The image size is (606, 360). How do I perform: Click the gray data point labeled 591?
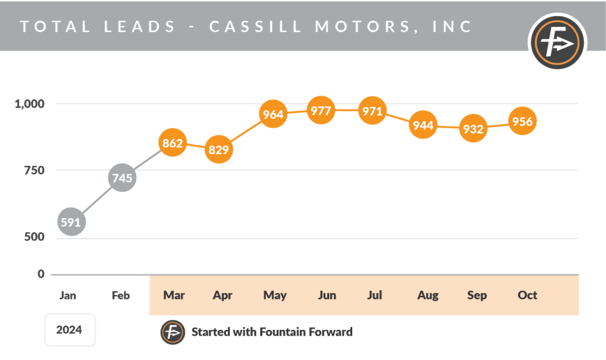(x=70, y=222)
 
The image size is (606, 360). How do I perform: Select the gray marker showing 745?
(x=121, y=178)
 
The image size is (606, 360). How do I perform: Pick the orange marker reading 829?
(x=218, y=150)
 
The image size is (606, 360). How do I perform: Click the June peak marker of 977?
(x=321, y=110)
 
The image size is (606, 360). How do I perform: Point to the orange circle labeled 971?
(x=372, y=111)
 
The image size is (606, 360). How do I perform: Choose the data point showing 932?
(x=473, y=128)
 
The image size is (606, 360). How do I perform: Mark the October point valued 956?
(x=523, y=121)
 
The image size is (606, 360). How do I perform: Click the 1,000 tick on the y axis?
(x=29, y=104)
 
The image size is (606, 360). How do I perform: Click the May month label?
(x=275, y=295)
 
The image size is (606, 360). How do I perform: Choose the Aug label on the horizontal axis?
(x=428, y=295)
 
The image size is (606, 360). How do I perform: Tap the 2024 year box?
(x=69, y=330)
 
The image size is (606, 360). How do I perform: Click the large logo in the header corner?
(x=556, y=42)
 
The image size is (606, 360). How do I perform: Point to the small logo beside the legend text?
(x=173, y=332)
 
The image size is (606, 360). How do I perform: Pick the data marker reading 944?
(x=423, y=125)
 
